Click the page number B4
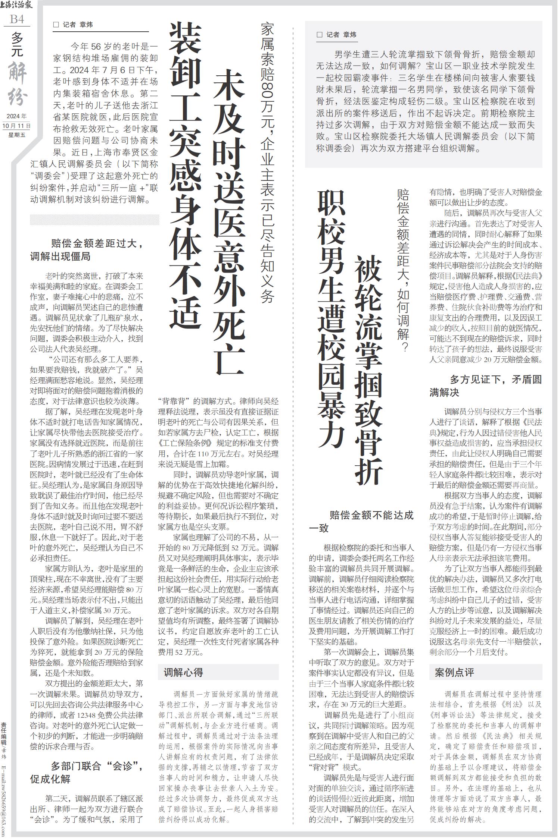point(17,19)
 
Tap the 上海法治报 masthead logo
point(17,5)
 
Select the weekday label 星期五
point(17,135)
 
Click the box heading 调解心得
point(183,672)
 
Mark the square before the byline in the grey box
point(319,35)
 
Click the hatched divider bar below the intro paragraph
point(94,220)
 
